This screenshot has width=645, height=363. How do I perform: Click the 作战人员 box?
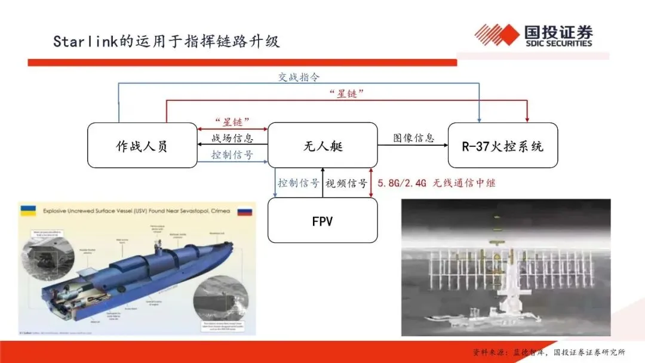coord(142,146)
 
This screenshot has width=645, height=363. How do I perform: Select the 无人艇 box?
coord(322,146)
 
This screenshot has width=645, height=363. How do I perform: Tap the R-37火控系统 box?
coord(503,146)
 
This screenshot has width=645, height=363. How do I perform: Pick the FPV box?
coord(322,221)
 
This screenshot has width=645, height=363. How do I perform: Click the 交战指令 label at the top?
coord(299,77)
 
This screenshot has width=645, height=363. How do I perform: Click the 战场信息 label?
coord(232,139)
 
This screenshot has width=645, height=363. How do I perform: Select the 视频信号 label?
coord(346,183)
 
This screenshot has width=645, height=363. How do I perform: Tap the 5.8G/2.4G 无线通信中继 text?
coord(436,183)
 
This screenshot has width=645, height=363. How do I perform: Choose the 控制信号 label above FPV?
coord(298,183)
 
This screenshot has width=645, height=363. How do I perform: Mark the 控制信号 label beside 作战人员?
coord(232,155)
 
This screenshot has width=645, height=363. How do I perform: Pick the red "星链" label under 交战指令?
coord(347,94)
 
